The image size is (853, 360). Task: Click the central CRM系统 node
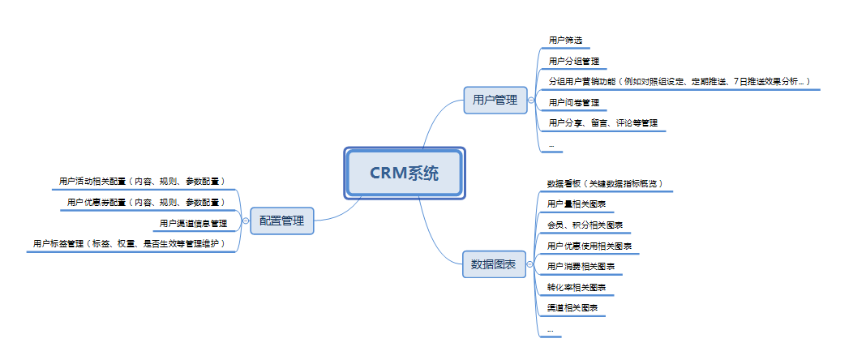[x=404, y=173]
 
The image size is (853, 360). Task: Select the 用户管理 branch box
[x=495, y=101]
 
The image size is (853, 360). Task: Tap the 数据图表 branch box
[x=495, y=264]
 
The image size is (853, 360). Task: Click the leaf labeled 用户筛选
[x=565, y=40]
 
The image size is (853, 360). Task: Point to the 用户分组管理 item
[x=573, y=61]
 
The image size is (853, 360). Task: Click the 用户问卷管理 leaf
[x=573, y=103]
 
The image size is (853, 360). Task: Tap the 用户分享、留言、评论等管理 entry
[x=602, y=124]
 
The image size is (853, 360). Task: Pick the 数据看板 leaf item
[x=605, y=183]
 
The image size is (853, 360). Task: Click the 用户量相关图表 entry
[x=577, y=204]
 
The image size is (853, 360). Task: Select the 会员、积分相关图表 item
[x=585, y=225]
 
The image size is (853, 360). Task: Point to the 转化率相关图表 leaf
[x=577, y=288]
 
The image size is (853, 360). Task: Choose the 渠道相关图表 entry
[x=572, y=309]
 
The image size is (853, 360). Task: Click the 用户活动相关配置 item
[x=142, y=182]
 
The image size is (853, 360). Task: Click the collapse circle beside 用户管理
[x=531, y=101]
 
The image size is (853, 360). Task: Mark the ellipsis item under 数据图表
[x=551, y=330]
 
